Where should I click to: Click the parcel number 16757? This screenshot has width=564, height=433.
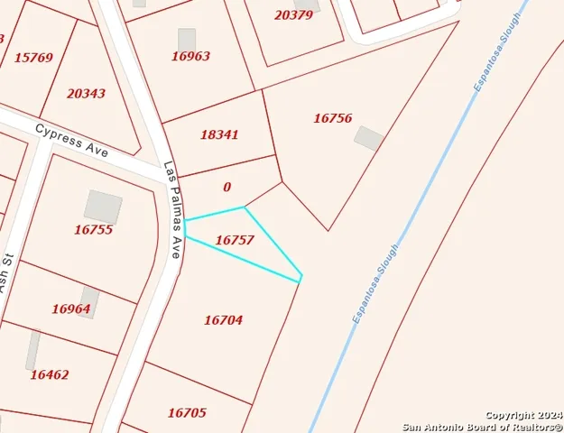click(235, 241)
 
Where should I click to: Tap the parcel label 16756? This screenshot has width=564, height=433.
click(332, 118)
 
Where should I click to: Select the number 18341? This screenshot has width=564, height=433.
click(219, 134)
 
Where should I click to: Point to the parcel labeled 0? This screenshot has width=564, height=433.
click(227, 188)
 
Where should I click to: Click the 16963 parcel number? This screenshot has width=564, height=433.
click(190, 56)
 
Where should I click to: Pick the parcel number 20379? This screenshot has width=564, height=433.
click(293, 15)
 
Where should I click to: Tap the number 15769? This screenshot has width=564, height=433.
click(33, 58)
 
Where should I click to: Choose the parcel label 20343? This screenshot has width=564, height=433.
click(86, 94)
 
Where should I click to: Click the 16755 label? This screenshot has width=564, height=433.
click(93, 230)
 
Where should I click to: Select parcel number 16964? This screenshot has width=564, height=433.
click(70, 309)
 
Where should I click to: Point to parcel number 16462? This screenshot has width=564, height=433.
click(49, 374)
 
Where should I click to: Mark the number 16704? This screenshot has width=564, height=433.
click(223, 320)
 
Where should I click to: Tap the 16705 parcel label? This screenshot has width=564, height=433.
click(187, 413)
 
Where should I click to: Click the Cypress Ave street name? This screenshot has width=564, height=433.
click(71, 142)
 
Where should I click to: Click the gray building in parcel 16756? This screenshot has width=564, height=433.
click(368, 138)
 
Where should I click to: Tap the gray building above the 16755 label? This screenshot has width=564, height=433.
click(103, 207)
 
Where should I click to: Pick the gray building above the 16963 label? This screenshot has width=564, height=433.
click(187, 39)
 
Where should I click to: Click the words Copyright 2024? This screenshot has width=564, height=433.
click(524, 414)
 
